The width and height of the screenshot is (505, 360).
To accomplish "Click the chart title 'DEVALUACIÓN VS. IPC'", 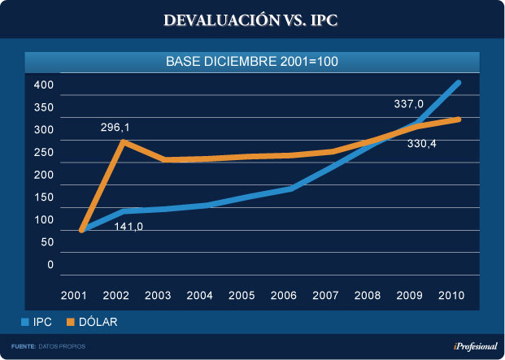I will (251, 20).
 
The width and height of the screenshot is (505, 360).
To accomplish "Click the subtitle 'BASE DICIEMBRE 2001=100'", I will (251, 61).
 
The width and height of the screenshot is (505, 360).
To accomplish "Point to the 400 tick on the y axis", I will (43, 85).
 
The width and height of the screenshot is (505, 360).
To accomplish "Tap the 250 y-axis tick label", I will (43, 152).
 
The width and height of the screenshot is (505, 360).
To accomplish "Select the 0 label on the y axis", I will (49, 264).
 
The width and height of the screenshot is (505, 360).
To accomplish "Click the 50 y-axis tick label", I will (46, 241).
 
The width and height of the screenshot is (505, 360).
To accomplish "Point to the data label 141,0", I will (128, 227).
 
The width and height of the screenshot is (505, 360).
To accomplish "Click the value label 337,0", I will (409, 104).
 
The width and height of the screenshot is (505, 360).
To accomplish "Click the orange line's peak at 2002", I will (122, 142).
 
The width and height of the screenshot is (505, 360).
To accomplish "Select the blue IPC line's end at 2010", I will (459, 83).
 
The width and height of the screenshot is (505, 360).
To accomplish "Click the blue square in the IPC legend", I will (25, 323).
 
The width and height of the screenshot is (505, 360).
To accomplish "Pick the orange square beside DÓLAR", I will (71, 323).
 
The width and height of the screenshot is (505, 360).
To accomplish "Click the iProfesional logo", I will (474, 346).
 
